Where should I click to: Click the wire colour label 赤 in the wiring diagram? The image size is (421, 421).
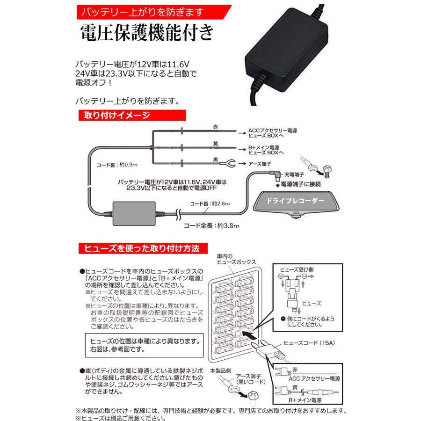coord(215,127)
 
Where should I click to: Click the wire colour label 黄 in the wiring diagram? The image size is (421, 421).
coord(215,144)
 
